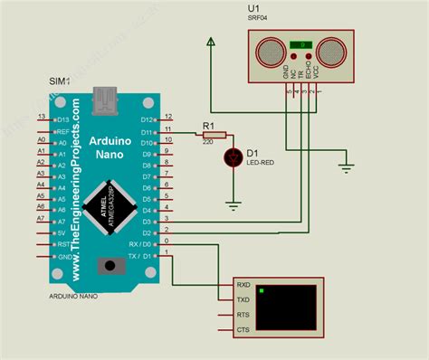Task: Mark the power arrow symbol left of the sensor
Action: point(209,42)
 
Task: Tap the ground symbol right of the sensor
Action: point(345,165)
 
